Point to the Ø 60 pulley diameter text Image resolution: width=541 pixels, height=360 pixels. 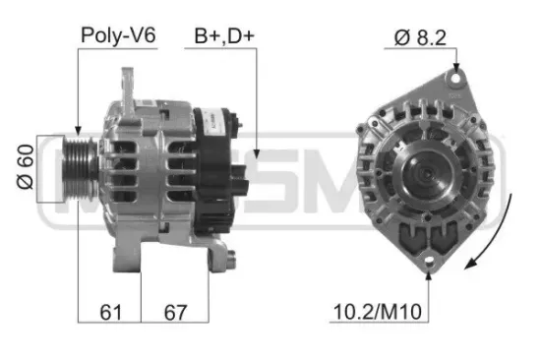pyautogui.click(x=26, y=169)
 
